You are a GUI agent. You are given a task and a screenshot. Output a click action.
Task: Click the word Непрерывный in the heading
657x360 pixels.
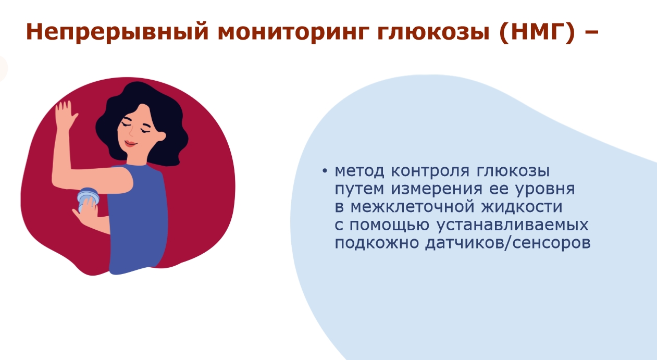tap(117, 32)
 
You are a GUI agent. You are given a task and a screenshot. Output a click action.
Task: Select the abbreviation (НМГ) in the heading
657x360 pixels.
tap(536, 32)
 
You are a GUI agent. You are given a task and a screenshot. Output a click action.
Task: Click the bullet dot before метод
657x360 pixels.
tap(325, 171)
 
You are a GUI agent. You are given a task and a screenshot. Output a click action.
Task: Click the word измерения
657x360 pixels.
tap(437, 189)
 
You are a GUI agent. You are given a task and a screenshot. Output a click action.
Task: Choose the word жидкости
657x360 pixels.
tap(522, 207)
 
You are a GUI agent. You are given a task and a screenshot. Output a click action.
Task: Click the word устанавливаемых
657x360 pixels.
tap(512, 225)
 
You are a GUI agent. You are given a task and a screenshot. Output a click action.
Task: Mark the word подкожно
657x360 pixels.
tap(377, 243)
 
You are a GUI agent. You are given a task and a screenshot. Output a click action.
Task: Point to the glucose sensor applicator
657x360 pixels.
tap(88, 198)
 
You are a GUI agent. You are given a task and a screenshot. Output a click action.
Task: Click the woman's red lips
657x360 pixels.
tap(130, 144)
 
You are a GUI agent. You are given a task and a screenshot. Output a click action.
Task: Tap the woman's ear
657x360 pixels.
tap(161, 136)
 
